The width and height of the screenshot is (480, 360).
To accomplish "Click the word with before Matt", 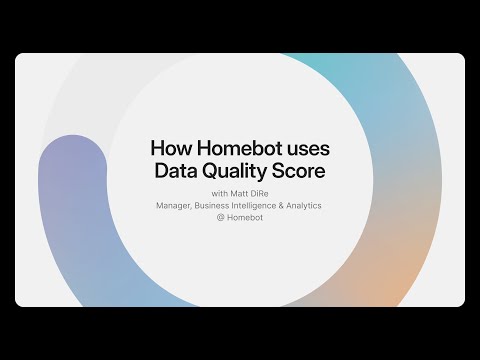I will pyautogui.click(x=220, y=193).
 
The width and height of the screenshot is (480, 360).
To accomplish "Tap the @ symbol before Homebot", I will pyautogui.click(x=219, y=219).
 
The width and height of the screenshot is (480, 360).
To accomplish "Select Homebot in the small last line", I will pyautogui.click(x=245, y=219).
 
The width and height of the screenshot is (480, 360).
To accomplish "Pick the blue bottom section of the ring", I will pyautogui.click(x=150, y=290).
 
